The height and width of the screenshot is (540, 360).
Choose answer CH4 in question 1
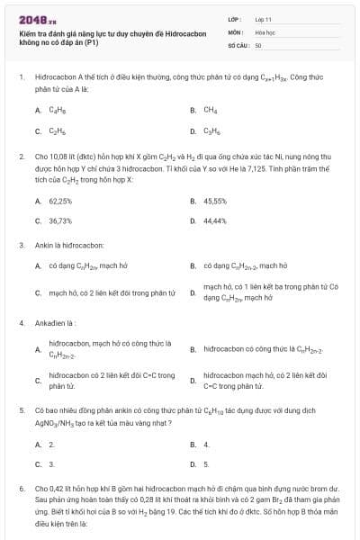[x=211, y=110]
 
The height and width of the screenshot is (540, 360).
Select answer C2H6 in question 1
[x=57, y=130]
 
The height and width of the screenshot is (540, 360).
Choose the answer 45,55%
[x=215, y=202]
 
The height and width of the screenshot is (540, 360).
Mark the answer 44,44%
[x=215, y=220]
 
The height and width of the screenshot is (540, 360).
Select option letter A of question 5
[x=38, y=445]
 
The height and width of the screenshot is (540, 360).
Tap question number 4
[x=21, y=322]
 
